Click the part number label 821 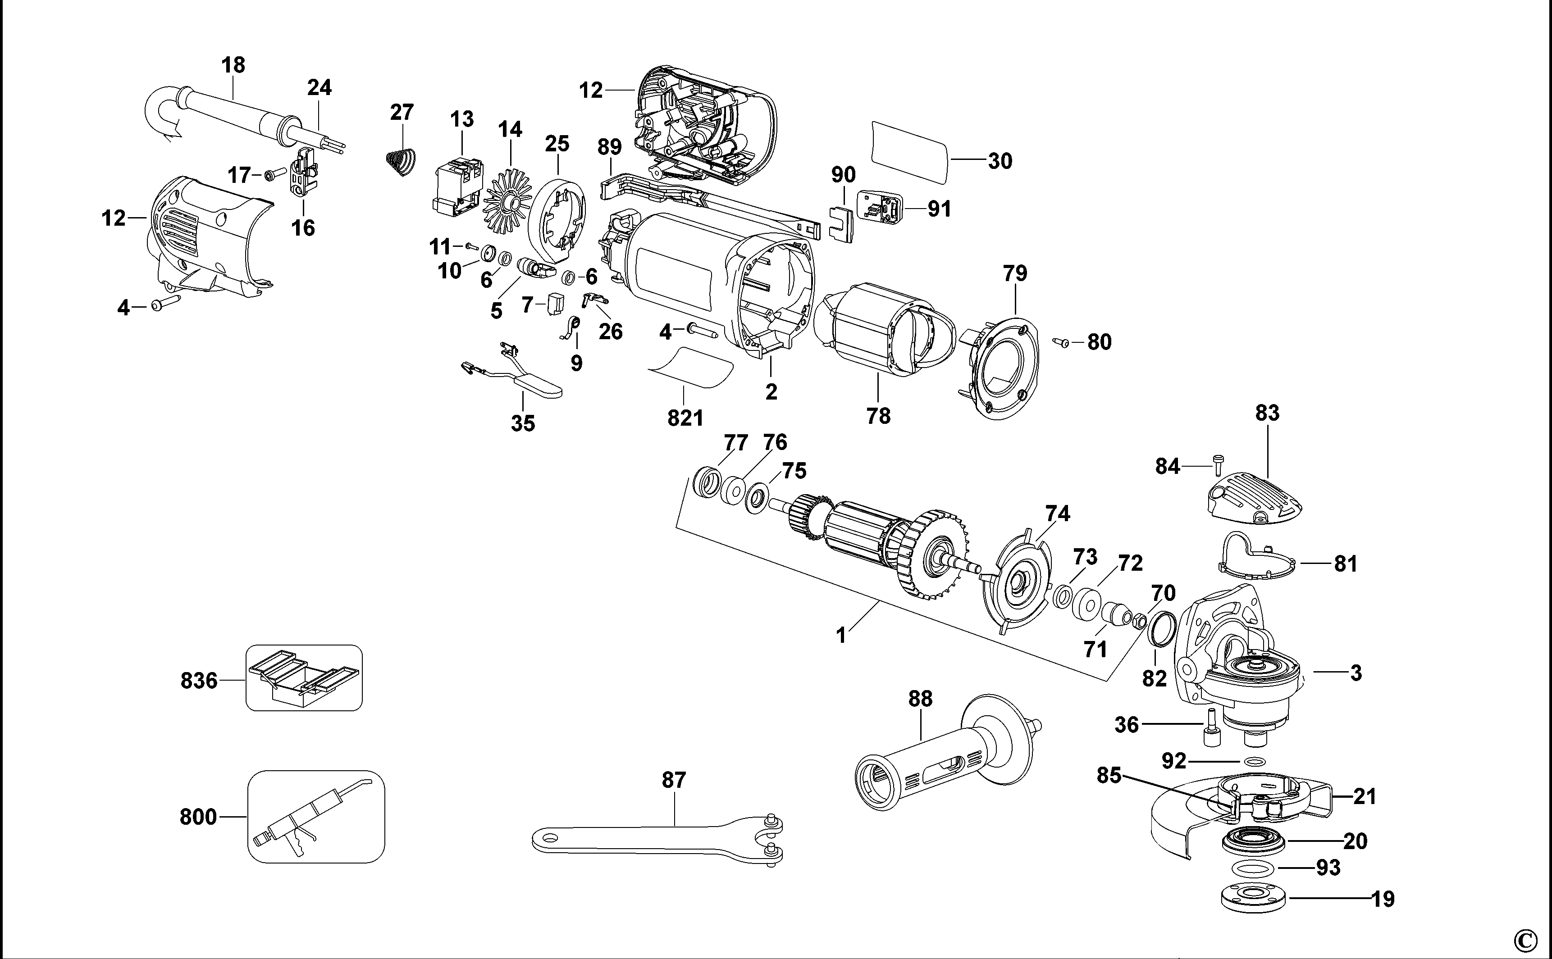click(x=685, y=418)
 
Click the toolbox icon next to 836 click(x=304, y=677)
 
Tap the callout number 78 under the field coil click(x=878, y=416)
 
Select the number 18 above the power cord click(x=233, y=65)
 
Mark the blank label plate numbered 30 click(x=908, y=159)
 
